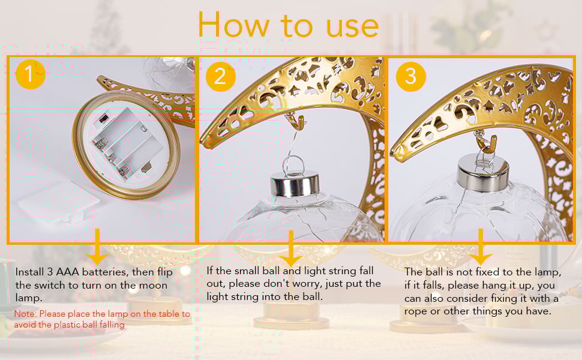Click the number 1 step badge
30,74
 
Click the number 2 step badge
220,76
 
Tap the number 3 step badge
410,76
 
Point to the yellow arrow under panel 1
97,247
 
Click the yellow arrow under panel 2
291,248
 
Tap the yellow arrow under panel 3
481,247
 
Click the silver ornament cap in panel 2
295,184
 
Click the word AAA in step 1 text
67,272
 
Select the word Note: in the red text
26,314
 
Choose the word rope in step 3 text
416,312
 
